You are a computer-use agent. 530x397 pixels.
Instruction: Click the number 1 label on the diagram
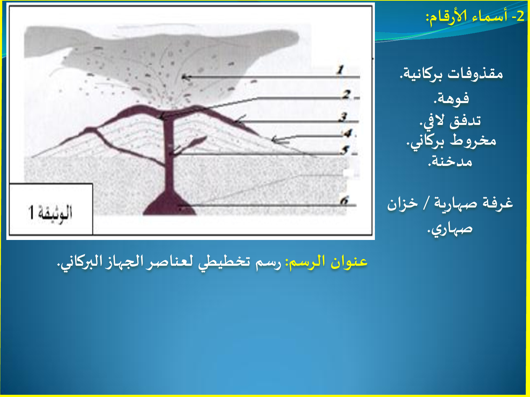[x=341, y=70]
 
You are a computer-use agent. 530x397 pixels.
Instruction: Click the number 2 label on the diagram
[x=347, y=94]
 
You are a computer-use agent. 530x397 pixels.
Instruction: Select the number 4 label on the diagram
[x=348, y=133]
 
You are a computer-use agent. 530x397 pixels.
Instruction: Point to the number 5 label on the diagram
[x=345, y=150]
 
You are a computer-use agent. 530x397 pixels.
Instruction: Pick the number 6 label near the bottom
[x=344, y=200]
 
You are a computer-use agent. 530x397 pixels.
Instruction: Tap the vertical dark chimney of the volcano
[x=169, y=154]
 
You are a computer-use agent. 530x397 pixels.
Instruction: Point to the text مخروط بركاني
[x=451, y=141]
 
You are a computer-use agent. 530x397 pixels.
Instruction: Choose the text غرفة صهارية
[x=473, y=203]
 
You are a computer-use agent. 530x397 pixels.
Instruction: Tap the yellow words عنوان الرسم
[x=326, y=261]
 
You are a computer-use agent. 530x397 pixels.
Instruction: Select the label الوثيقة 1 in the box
[x=50, y=212]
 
